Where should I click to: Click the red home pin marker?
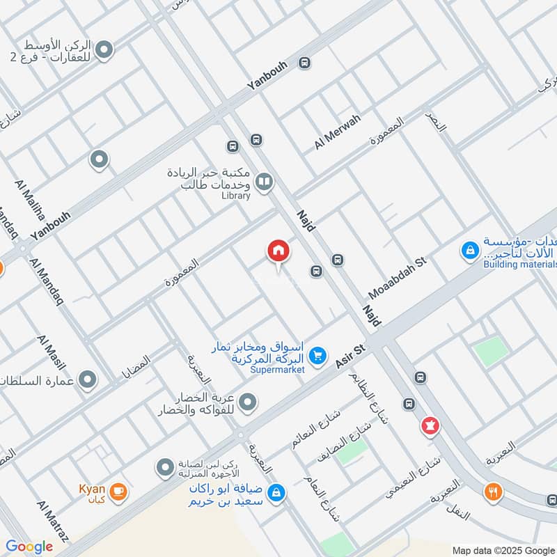278,251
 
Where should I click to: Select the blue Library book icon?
264,183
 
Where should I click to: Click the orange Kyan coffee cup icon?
118,492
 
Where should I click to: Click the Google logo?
29,547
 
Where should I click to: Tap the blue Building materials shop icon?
471,249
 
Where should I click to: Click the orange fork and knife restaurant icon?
494,492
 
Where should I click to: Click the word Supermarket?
278,370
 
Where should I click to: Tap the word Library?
236,196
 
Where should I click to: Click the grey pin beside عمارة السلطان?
88,380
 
